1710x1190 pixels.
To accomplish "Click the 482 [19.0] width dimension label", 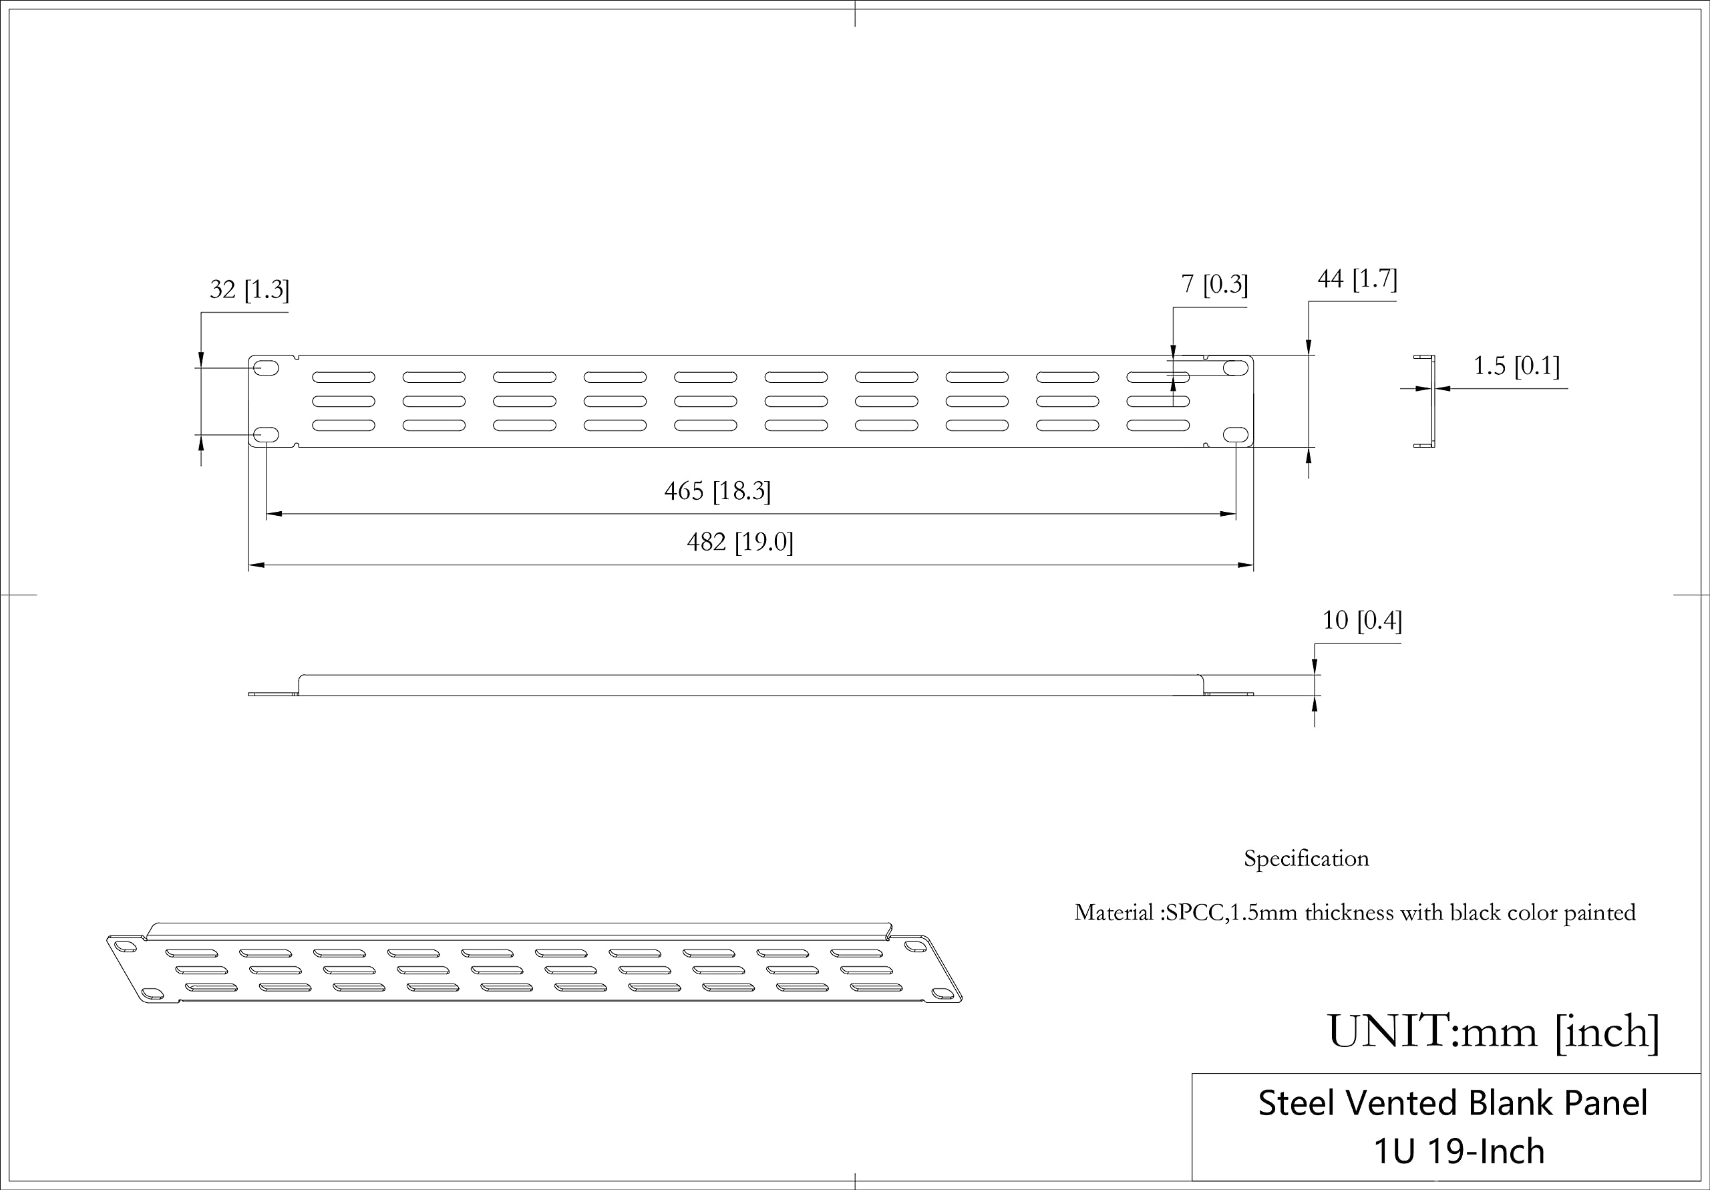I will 739,542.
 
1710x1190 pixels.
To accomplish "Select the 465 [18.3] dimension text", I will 717,491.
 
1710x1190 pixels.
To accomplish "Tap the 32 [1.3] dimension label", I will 250,289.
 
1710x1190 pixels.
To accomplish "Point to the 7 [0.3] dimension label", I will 1214,284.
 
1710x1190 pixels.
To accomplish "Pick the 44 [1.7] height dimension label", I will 1357,279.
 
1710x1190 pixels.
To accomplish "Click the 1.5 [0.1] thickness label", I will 1516,366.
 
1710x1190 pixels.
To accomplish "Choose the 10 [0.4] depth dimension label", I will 1361,620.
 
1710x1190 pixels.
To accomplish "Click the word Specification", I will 1306,859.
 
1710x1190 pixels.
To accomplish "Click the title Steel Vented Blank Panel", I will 1452,1103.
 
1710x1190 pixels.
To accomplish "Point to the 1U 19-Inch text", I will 1458,1151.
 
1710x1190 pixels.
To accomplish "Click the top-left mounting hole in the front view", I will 266,368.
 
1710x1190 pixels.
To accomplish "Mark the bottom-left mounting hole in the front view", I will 266,434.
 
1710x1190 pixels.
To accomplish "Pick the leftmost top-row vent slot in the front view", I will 343,377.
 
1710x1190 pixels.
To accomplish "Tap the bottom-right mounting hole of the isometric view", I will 941,994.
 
